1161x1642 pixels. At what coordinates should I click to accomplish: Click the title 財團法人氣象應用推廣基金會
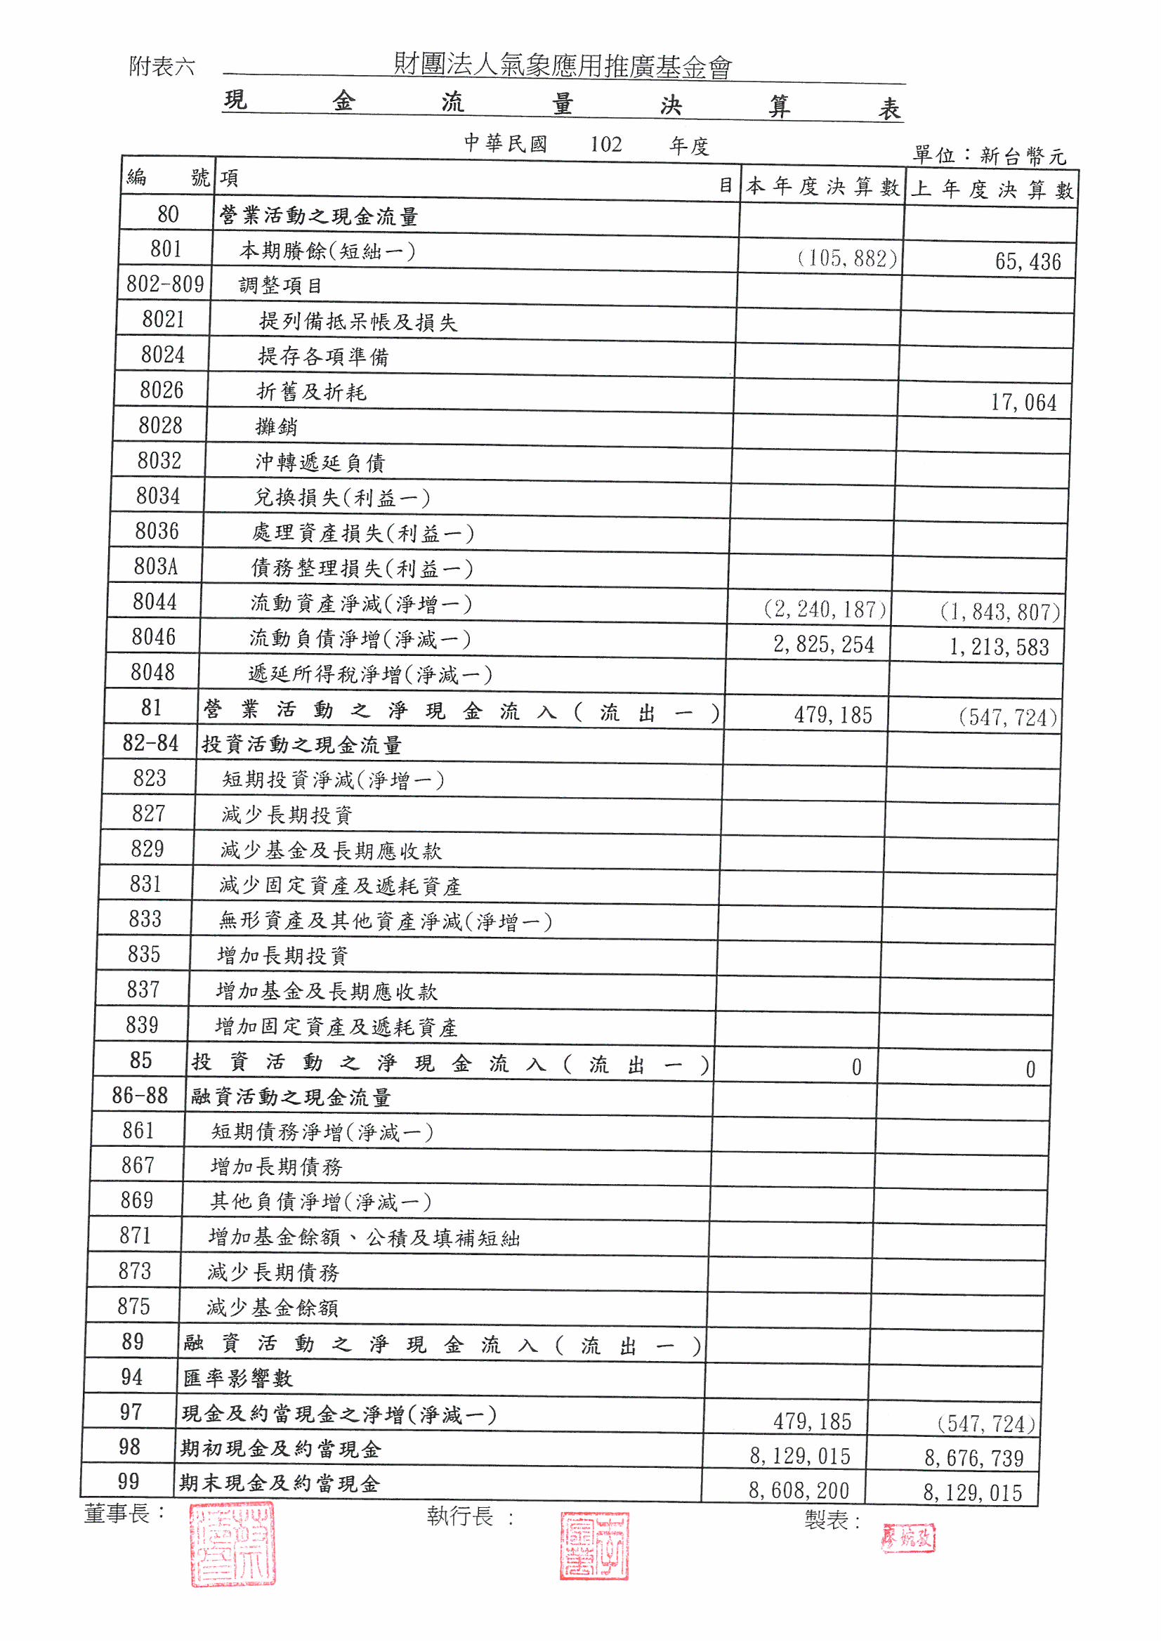[x=563, y=66]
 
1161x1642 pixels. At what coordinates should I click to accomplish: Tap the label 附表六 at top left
[x=162, y=67]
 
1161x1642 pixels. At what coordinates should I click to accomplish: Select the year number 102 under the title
[x=605, y=145]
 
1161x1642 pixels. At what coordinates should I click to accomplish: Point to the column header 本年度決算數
[x=822, y=187]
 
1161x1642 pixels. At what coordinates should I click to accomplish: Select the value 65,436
[x=1028, y=262]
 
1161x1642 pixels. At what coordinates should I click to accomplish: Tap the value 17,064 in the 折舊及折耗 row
[x=1023, y=402]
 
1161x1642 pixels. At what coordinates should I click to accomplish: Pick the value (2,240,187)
[x=825, y=610]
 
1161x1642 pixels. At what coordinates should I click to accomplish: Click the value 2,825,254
[x=823, y=644]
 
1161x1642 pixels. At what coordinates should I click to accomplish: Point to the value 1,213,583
[x=999, y=648]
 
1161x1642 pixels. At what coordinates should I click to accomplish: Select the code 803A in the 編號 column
[x=155, y=566]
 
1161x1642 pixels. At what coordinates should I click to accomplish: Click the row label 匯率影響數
[x=237, y=1378]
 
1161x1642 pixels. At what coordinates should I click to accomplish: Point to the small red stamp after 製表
[x=907, y=1537]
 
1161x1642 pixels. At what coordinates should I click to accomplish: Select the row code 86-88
[x=140, y=1096]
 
